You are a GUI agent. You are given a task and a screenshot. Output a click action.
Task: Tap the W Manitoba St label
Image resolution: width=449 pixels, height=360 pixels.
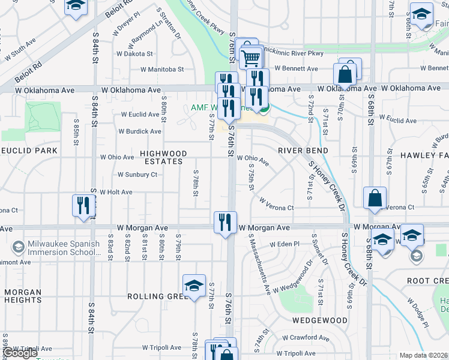coord(162,70)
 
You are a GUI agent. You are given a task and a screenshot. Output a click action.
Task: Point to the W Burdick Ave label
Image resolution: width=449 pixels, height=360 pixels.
coord(139,131)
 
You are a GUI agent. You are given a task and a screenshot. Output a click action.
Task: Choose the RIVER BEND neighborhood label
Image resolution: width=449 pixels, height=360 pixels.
coord(303,150)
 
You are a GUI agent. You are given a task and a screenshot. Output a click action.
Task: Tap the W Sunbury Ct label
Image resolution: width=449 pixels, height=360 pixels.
coord(137,175)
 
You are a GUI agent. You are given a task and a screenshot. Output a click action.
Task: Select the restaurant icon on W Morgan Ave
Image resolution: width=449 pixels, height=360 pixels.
coord(225,221)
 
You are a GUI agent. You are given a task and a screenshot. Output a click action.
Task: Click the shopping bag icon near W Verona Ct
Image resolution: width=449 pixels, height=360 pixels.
coord(375,198)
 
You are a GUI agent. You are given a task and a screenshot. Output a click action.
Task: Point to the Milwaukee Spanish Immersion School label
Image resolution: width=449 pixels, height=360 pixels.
coord(58,248)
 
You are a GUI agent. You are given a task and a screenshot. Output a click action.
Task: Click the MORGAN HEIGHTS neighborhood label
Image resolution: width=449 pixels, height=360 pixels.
coord(23,296)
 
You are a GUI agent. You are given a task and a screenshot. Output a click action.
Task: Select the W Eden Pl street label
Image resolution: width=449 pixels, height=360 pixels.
coord(284,245)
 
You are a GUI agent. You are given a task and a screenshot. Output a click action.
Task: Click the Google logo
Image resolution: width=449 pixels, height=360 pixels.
coord(21,353)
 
